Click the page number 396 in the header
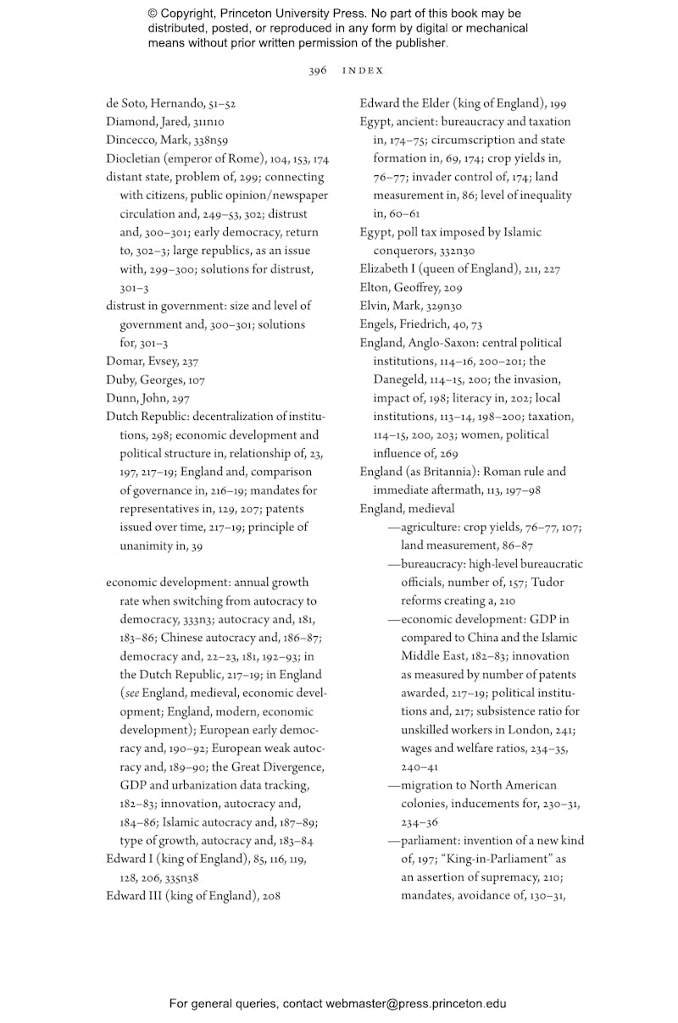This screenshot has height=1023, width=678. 317,71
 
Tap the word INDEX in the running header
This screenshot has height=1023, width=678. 363,71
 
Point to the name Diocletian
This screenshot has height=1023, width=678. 134,159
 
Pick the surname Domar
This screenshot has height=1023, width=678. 125,362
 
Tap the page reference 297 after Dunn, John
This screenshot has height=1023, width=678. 179,399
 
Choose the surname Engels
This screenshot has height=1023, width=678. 379,325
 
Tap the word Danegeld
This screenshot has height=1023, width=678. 402,380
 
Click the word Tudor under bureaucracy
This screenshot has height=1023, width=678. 549,583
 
